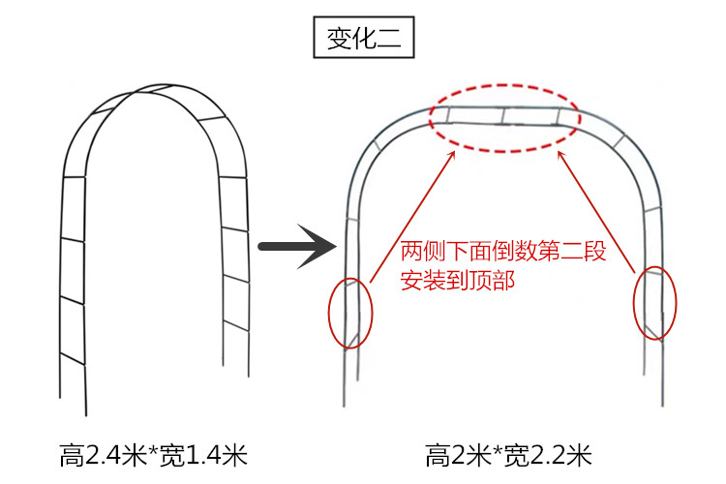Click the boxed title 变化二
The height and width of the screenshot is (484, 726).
(x=363, y=41)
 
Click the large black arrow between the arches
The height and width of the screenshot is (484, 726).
(x=296, y=248)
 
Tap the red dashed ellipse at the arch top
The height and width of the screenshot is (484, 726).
(x=504, y=117)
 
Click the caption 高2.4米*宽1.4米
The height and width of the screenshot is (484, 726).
(x=154, y=455)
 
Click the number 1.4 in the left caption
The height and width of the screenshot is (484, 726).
(x=197, y=455)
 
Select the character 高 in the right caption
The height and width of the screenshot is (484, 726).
(x=439, y=455)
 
